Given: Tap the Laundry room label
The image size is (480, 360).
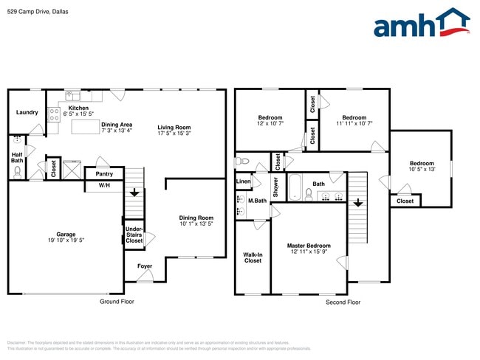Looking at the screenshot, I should (x=27, y=112).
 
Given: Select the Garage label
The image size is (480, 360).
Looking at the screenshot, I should (x=66, y=234).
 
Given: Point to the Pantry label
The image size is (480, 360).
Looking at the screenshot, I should (x=104, y=174).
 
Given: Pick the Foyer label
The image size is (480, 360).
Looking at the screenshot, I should (x=145, y=266).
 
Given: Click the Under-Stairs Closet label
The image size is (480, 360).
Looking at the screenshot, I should (x=134, y=235).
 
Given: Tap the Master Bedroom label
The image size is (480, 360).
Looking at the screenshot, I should (x=309, y=246).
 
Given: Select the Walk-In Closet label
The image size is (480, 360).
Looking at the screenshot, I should (x=253, y=257).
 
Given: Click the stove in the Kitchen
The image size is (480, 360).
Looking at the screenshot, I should (x=54, y=114).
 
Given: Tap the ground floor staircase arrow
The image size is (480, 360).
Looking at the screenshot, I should (x=134, y=193).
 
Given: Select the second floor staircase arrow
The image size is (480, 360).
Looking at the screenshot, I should (x=357, y=202).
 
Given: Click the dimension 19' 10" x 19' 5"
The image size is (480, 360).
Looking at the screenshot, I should (x=66, y=240).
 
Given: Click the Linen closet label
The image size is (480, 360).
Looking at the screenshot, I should (x=243, y=181).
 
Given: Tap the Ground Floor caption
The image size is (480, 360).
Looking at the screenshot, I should (x=117, y=301).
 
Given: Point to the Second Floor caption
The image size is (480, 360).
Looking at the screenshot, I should (x=343, y=302).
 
